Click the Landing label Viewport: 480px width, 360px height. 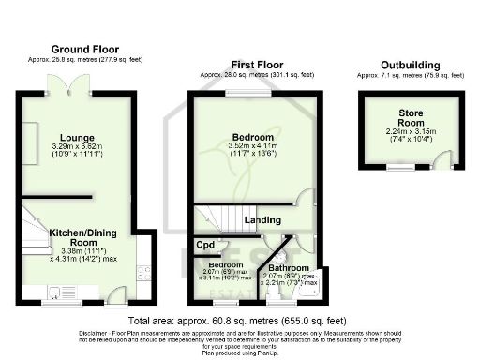pyautogui.click(x=264, y=219)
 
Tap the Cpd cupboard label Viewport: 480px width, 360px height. pyautogui.click(x=204, y=246)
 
